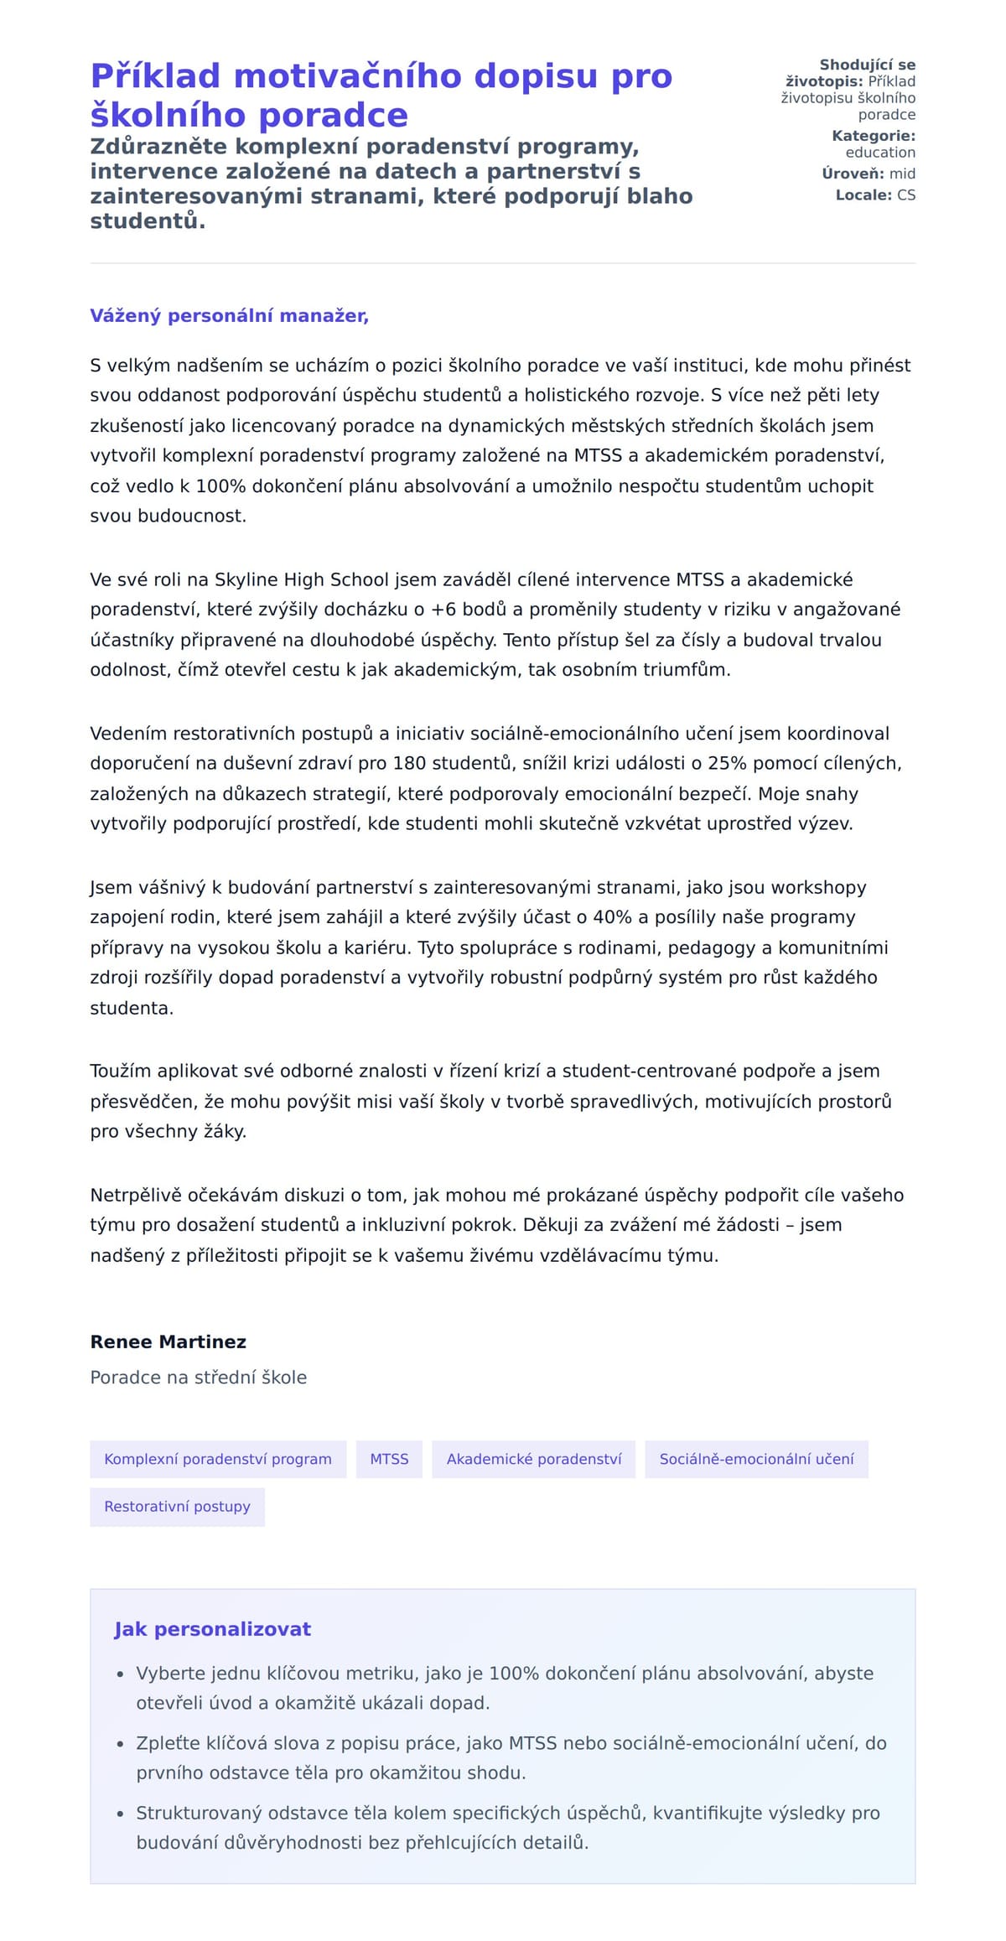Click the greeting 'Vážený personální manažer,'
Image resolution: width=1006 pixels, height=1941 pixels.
[229, 316]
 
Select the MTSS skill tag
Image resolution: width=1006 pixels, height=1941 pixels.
[389, 1459]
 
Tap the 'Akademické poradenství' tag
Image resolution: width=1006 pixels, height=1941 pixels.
[534, 1459]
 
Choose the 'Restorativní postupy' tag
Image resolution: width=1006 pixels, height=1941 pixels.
[177, 1507]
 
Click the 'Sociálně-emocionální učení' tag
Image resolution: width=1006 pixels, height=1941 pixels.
[756, 1459]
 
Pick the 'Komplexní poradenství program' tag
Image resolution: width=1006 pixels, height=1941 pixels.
[218, 1459]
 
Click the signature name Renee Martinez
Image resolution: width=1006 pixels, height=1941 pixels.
[168, 1342]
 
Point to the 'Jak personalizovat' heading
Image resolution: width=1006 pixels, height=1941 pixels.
[212, 1629]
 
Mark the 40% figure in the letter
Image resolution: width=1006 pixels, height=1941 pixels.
[612, 917]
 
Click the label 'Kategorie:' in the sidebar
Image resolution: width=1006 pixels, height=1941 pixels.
[873, 136]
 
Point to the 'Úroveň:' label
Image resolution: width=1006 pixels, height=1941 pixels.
[853, 174]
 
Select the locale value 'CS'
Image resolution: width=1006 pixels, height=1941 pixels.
[906, 195]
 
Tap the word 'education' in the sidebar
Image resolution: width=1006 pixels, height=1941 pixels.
[880, 153]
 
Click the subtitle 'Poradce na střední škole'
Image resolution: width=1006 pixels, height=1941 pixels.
[198, 1378]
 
